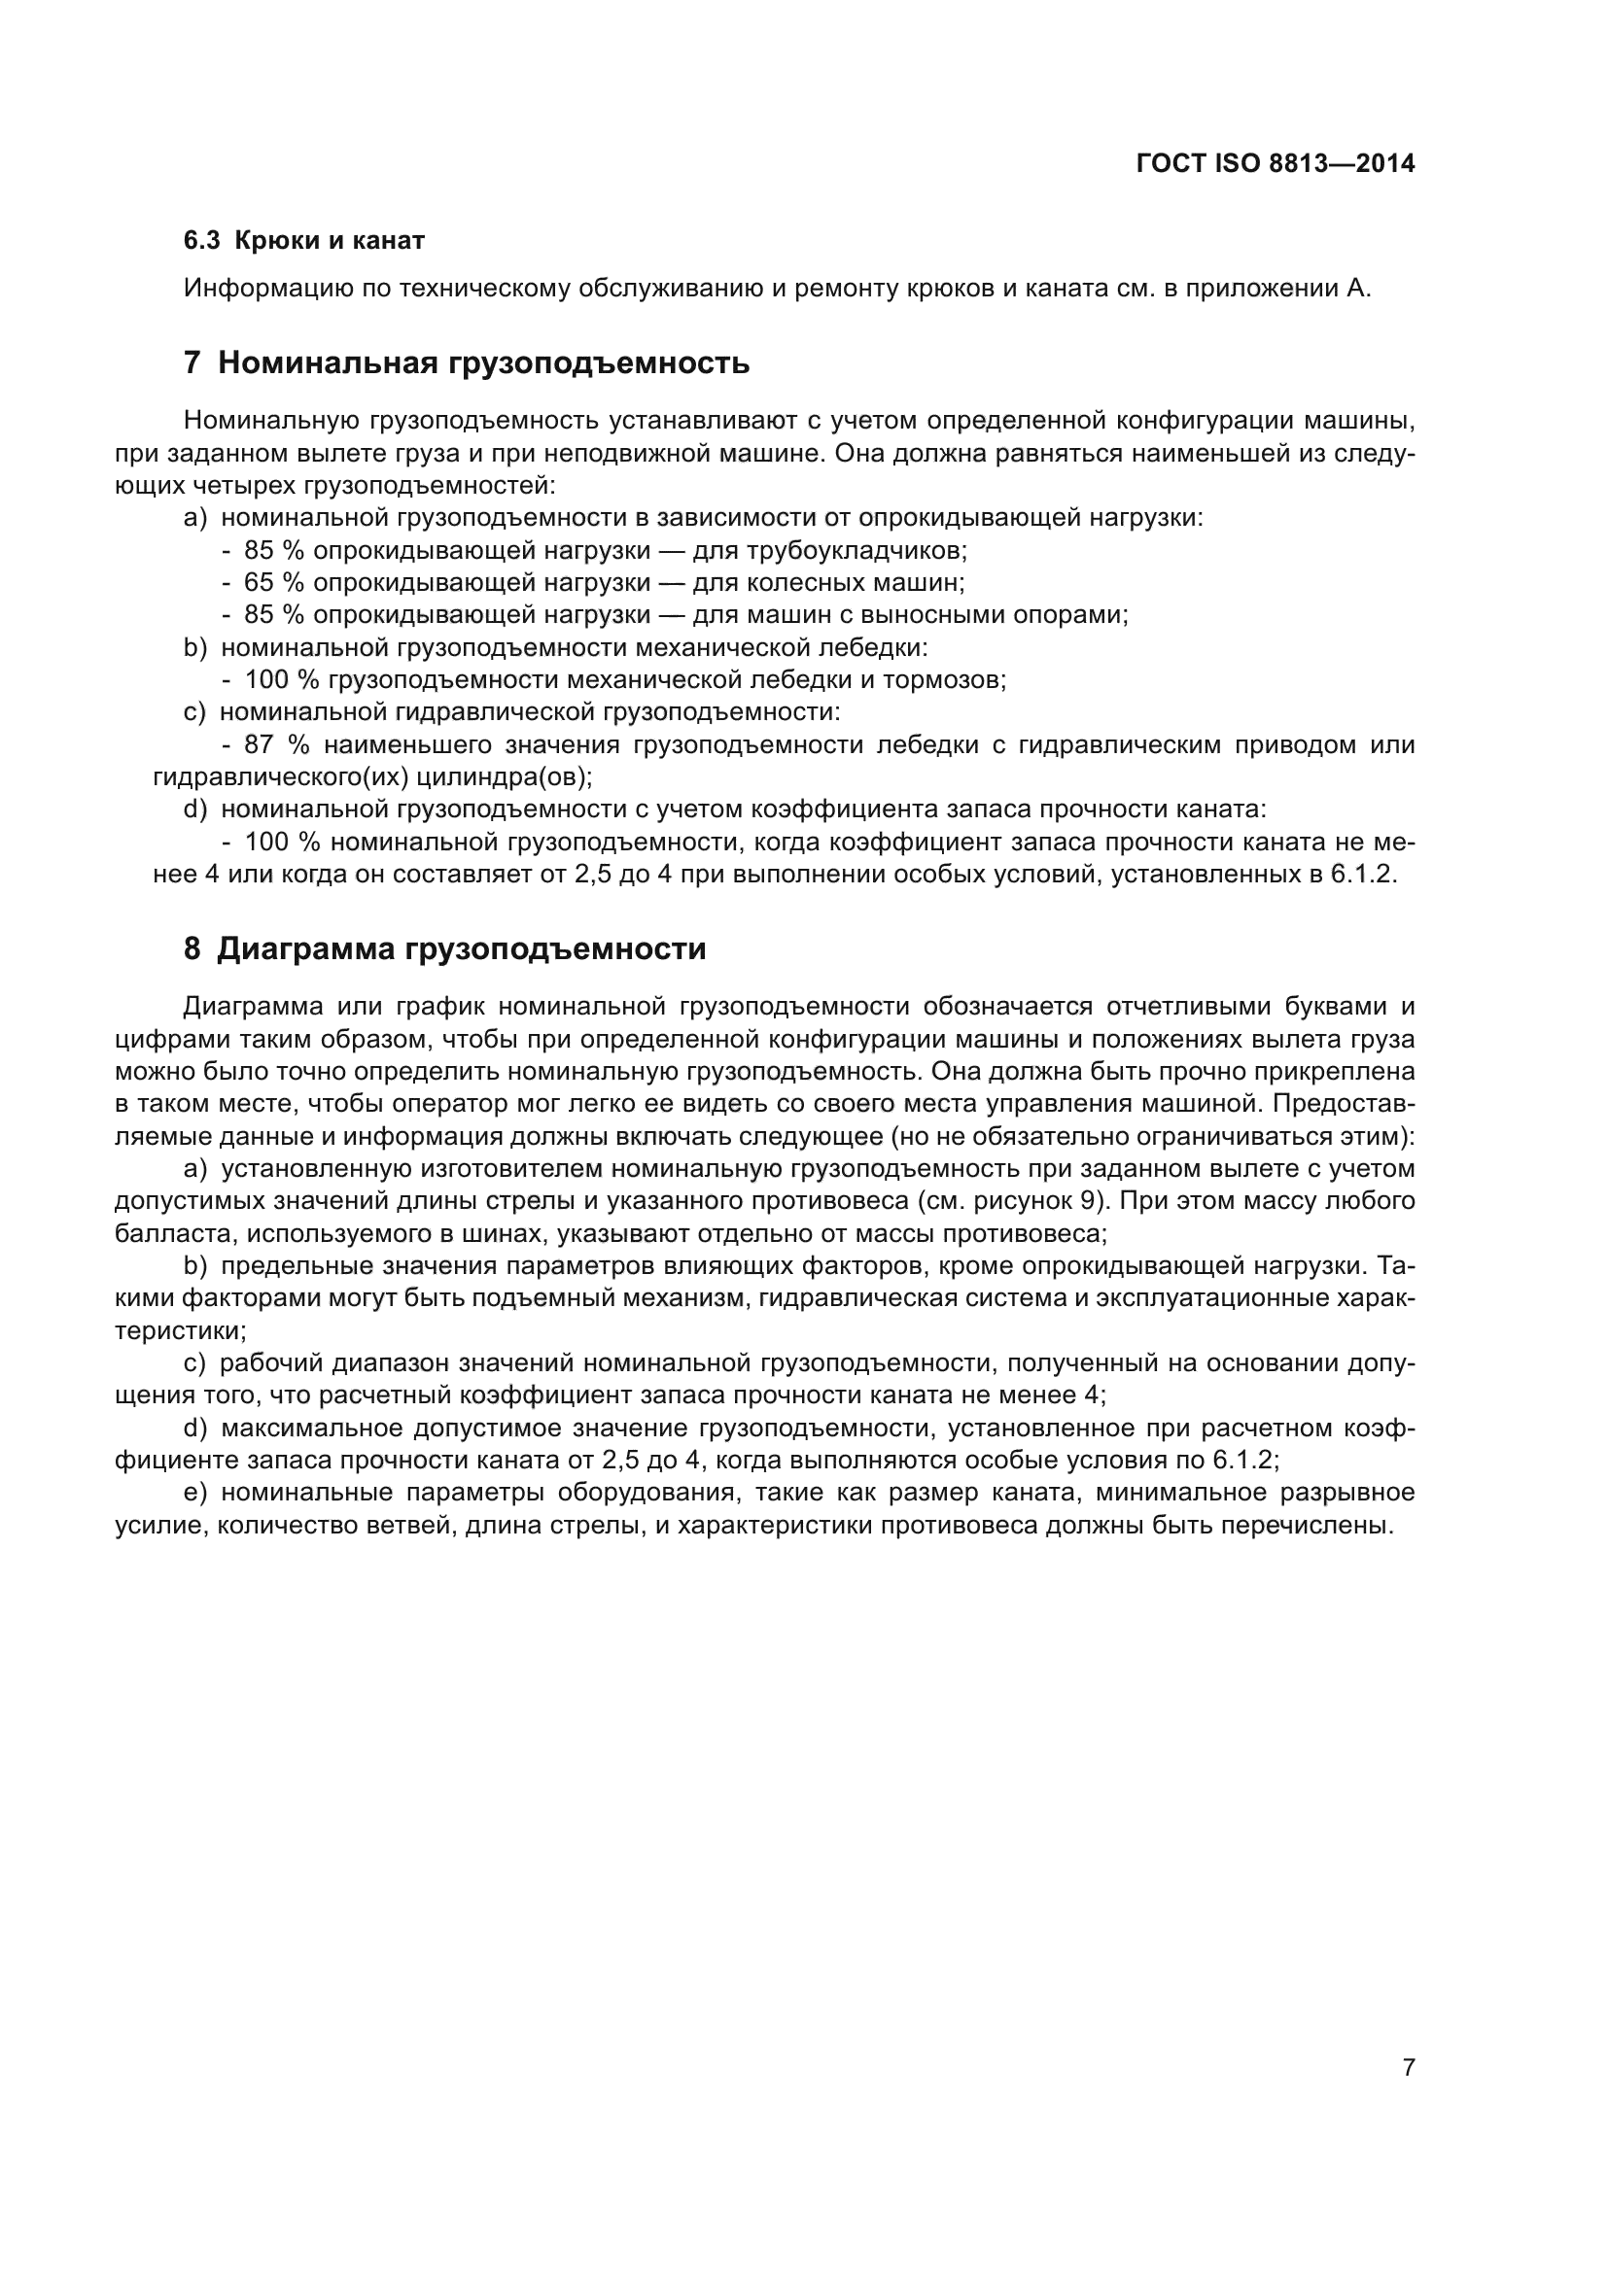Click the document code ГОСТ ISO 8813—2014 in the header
[1276, 163]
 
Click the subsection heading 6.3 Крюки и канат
[304, 241]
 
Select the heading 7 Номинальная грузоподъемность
[467, 363]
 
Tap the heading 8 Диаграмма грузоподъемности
[444, 948]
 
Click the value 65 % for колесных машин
[273, 582]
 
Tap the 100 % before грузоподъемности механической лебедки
[281, 680]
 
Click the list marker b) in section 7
[195, 647]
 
